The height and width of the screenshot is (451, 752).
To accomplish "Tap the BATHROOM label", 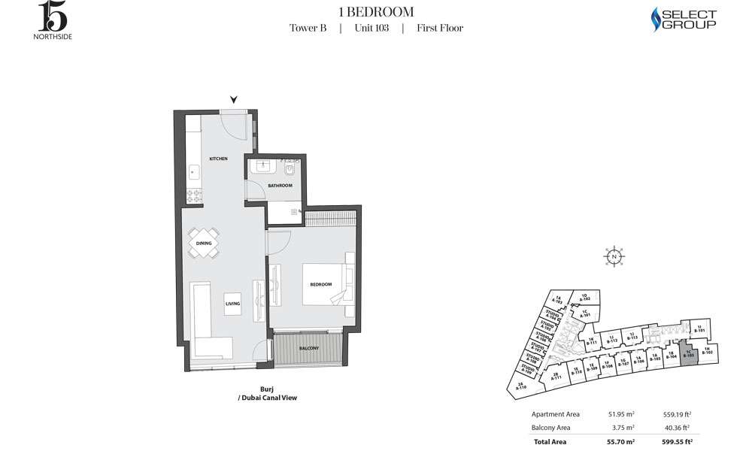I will [281, 185].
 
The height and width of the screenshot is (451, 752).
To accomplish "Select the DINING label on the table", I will [204, 243].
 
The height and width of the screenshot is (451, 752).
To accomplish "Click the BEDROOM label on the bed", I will [321, 285].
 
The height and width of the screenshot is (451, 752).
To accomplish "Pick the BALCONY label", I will [308, 348].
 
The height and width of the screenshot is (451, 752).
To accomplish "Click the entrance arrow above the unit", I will [234, 99].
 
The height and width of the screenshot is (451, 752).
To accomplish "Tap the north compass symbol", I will [614, 256].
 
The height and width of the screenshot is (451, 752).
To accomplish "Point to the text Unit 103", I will [371, 29].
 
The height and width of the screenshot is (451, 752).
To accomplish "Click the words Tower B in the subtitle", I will [308, 29].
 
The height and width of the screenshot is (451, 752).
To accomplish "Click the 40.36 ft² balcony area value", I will [678, 428].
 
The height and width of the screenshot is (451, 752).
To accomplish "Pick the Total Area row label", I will [549, 442].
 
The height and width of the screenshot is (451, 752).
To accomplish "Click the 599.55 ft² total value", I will [676, 442].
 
